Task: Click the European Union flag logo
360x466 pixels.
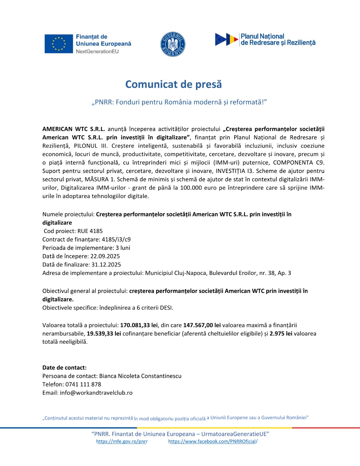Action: point(59,44)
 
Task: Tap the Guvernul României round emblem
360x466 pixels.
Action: point(173,44)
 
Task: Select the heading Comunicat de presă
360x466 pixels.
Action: point(173,84)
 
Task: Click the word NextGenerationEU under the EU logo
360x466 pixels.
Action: point(97,52)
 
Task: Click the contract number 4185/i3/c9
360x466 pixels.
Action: point(116,239)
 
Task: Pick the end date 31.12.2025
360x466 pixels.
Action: point(106,264)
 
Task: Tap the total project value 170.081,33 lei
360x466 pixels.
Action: point(139,325)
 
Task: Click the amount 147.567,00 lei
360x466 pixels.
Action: point(202,325)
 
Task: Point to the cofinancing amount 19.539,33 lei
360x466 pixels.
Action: point(104,333)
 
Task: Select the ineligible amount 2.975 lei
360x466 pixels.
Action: point(281,333)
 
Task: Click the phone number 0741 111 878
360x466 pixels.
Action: point(83,384)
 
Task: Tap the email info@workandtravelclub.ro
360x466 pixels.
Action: point(96,393)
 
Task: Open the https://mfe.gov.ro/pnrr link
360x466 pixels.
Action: point(122,441)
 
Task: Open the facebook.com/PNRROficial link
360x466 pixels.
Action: point(213,441)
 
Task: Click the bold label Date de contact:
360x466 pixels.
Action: point(64,368)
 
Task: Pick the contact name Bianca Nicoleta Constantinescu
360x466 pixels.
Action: point(140,376)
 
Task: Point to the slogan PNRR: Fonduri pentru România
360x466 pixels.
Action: point(179,102)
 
